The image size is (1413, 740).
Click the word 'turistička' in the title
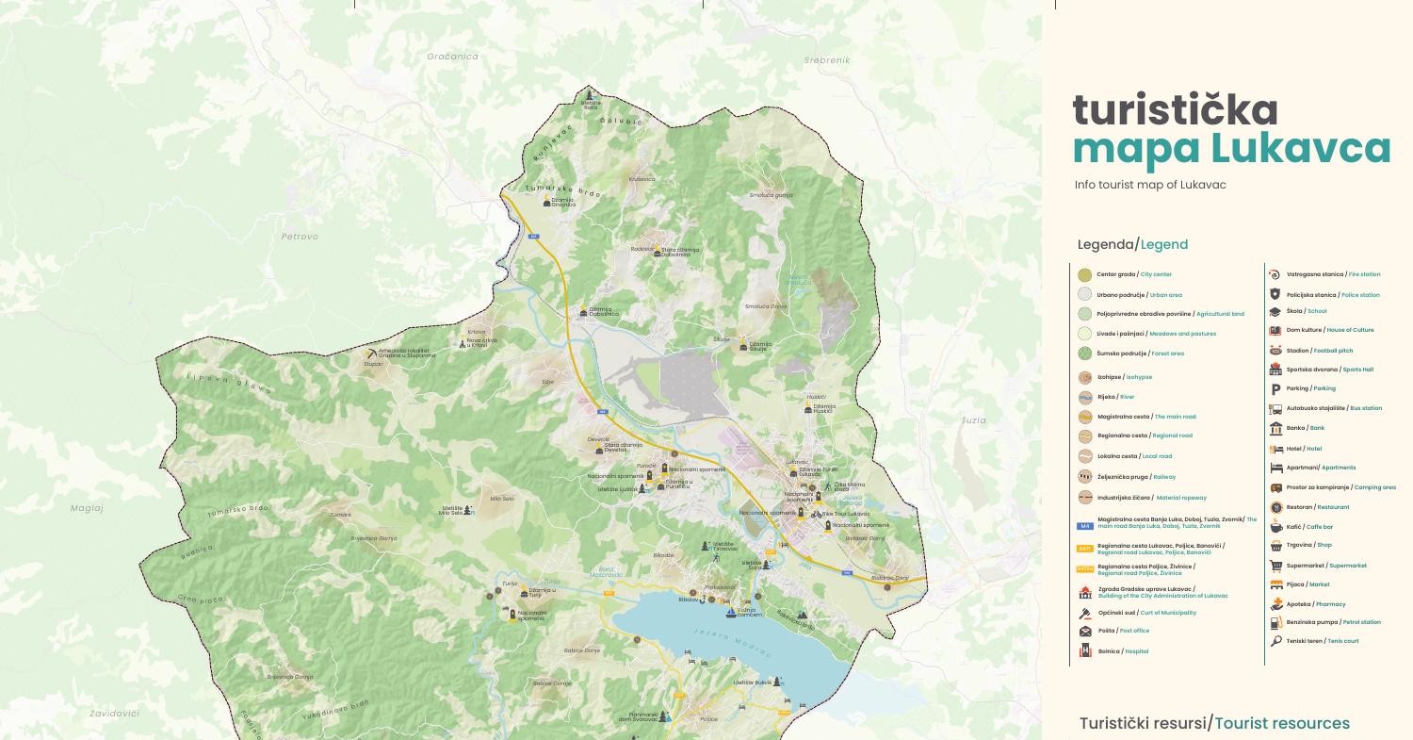point(1175,111)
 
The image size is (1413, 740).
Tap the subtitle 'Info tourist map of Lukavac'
point(1150,185)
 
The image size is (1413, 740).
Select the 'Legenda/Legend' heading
point(1132,244)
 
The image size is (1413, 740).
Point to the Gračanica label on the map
point(452,57)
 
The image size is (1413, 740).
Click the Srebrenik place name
point(827,60)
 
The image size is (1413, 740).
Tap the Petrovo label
point(300,237)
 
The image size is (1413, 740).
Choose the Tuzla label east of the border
point(973,420)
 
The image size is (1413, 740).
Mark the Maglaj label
point(87,508)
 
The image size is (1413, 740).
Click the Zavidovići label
point(114,714)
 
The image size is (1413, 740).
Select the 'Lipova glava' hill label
point(229,383)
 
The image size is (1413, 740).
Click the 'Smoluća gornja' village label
point(771,195)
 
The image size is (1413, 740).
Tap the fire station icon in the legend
point(1275,274)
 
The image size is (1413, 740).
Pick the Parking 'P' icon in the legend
point(1275,388)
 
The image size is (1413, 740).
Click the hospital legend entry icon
point(1085,650)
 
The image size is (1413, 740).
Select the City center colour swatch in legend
point(1084,274)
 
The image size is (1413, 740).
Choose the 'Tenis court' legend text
point(1342,641)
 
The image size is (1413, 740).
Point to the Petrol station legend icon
point(1275,622)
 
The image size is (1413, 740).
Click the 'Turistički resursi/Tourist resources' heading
point(1213,723)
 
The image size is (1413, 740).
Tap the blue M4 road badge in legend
point(1085,526)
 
